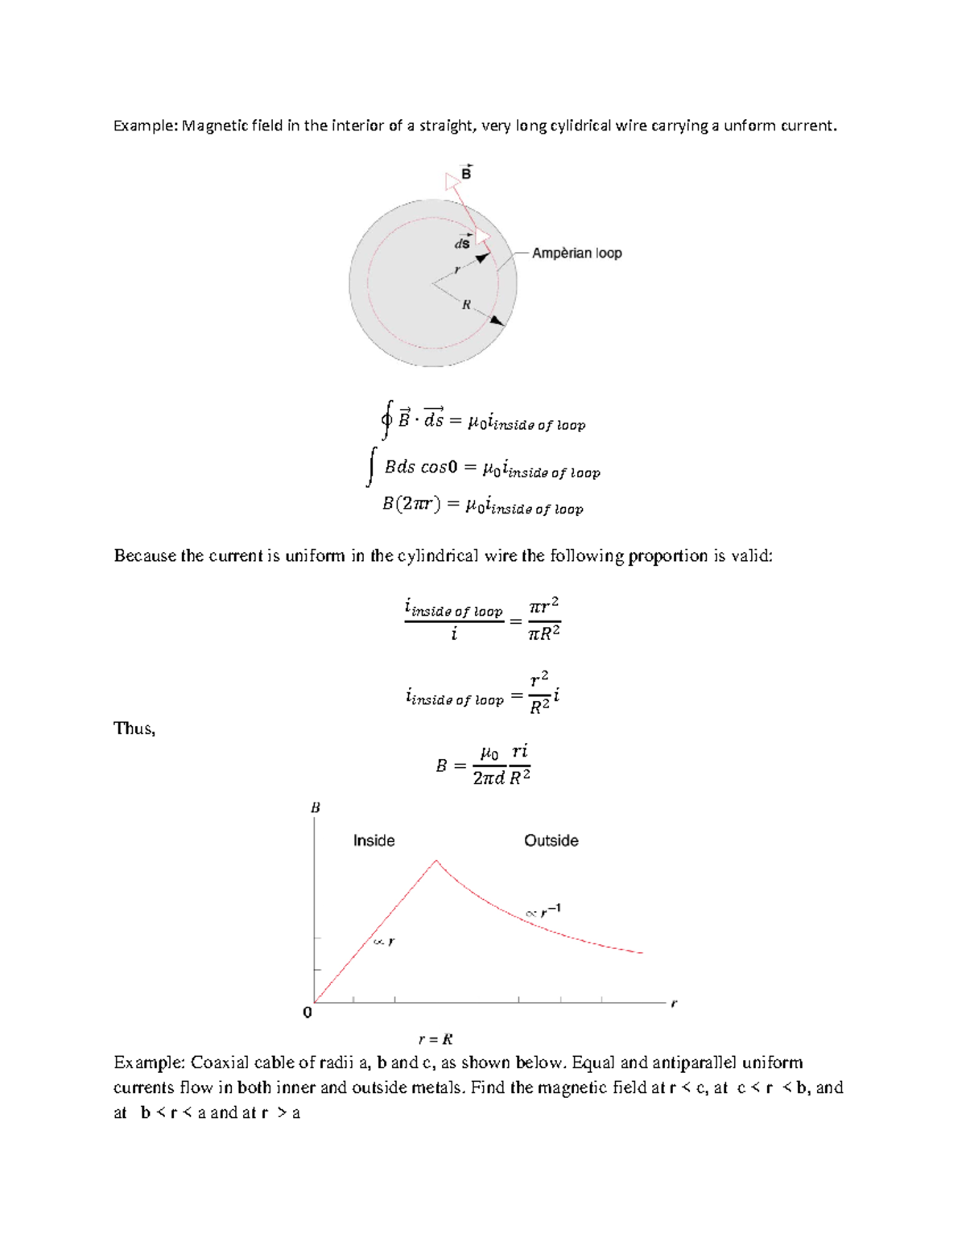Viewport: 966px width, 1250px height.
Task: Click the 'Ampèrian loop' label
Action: [576, 253]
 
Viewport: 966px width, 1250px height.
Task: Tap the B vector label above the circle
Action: [465, 172]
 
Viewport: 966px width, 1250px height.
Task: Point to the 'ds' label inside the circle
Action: [462, 242]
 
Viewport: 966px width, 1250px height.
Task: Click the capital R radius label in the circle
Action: [465, 305]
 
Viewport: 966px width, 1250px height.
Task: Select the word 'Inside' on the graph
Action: [374, 840]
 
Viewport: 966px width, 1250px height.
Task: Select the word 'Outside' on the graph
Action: [551, 840]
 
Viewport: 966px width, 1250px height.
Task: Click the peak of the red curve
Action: [436, 860]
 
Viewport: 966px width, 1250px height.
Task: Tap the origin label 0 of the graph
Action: [307, 1013]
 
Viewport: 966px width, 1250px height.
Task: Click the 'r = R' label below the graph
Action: [436, 1039]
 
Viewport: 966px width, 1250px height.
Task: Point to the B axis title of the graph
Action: [316, 807]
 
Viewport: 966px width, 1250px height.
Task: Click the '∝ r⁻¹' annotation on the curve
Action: [543, 911]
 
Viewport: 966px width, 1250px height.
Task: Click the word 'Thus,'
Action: [134, 728]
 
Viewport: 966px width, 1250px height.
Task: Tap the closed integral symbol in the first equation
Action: [387, 419]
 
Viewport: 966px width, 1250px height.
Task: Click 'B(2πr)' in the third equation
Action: [410, 504]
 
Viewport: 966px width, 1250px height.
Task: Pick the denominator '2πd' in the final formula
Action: [488, 778]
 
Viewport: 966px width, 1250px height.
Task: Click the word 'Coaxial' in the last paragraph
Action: [219, 1062]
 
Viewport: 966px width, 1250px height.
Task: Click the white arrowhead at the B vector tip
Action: [452, 182]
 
